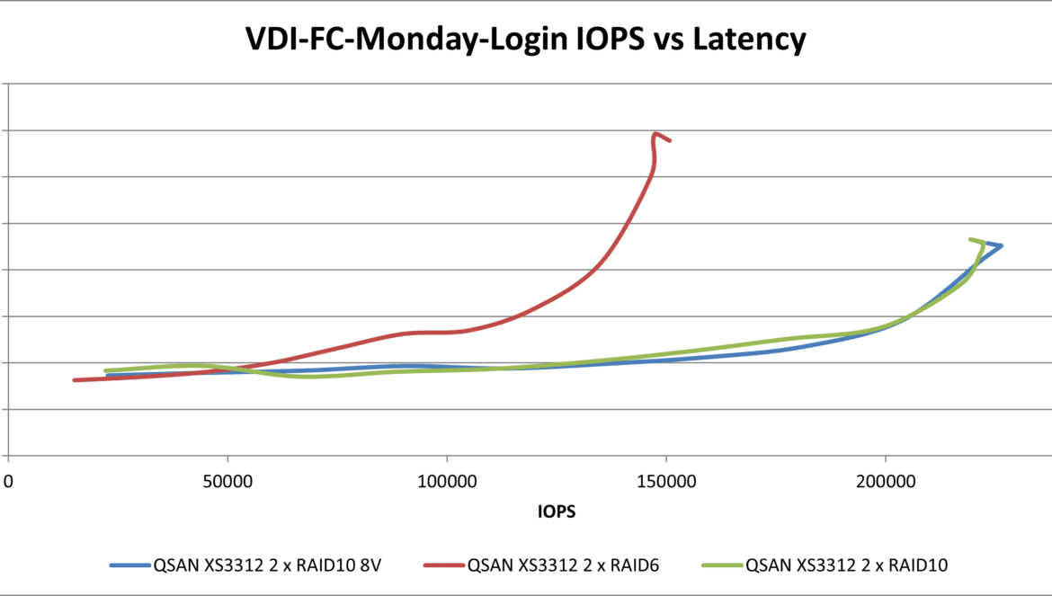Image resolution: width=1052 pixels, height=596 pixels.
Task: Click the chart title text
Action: pyautogui.click(x=526, y=40)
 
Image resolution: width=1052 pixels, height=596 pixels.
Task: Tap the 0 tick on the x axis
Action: pyautogui.click(x=8, y=482)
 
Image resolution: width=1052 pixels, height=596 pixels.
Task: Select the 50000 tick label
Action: pyautogui.click(x=227, y=482)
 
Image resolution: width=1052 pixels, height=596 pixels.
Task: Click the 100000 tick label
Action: pyautogui.click(x=447, y=482)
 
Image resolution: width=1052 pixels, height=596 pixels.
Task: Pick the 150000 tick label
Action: pyautogui.click(x=666, y=482)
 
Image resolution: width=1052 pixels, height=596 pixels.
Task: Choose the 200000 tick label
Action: pyautogui.click(x=885, y=482)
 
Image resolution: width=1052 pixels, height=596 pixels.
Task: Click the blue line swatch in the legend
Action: pyautogui.click(x=129, y=565)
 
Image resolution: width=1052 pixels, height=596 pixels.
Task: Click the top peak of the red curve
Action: pyautogui.click(x=656, y=134)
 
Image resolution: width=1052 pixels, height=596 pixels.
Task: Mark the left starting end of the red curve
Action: pyautogui.click(x=75, y=380)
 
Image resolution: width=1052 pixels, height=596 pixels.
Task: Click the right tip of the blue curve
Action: pyautogui.click(x=1001, y=245)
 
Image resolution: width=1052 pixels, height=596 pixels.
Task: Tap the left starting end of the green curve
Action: pyautogui.click(x=106, y=370)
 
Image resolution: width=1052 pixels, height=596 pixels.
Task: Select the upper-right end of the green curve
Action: pyautogui.click(x=970, y=239)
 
